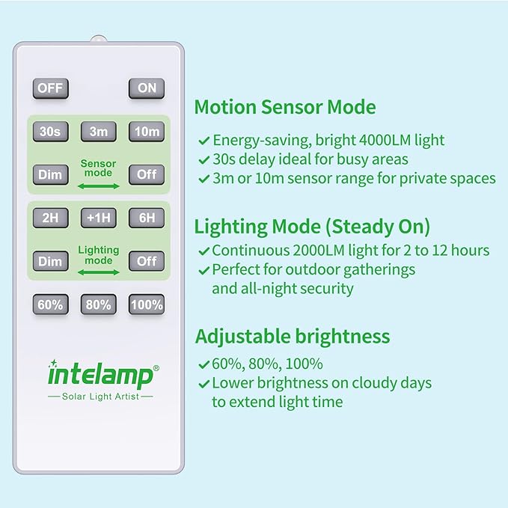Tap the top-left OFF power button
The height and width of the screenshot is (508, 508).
tap(50, 88)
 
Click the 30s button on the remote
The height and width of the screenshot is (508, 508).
tap(50, 132)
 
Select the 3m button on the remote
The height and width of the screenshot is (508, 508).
tap(99, 132)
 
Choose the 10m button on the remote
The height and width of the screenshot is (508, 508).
tap(147, 132)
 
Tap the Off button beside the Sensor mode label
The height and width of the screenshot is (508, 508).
tap(147, 175)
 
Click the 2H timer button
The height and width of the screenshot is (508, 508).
tap(50, 218)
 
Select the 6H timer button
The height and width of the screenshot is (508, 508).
tap(147, 218)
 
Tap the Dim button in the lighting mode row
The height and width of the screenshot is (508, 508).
tap(50, 261)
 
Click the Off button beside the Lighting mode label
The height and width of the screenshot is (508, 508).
tap(147, 261)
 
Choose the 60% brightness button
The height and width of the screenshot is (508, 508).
tap(50, 305)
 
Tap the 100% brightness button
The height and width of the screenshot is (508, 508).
tap(147, 305)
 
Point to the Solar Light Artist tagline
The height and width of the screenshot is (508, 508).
tap(100, 396)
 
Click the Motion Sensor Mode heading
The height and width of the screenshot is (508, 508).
tap(285, 107)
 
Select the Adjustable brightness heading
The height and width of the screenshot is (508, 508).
tap(293, 336)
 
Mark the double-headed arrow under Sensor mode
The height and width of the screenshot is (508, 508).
tap(99, 184)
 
